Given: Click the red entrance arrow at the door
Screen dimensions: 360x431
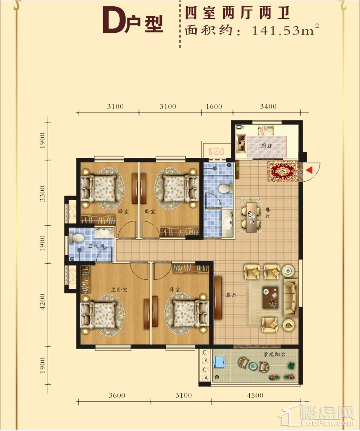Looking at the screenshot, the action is pyautogui.click(x=309, y=170).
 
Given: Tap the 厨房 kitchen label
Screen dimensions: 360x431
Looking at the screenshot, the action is pyautogui.click(x=266, y=146).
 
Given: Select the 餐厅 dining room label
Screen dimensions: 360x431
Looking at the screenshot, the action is pyautogui.click(x=268, y=213).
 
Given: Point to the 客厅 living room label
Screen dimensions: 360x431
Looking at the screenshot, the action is pyautogui.click(x=231, y=295).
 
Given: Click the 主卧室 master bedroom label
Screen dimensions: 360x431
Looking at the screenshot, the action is pyautogui.click(x=119, y=289).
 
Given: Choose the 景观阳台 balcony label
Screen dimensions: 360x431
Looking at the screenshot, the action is pyautogui.click(x=274, y=355).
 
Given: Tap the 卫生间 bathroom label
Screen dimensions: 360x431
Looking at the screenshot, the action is pyautogui.click(x=96, y=246).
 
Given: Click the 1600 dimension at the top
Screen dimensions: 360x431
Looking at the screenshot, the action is pyautogui.click(x=214, y=106).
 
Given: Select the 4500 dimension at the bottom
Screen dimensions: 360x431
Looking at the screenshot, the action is pyautogui.click(x=255, y=395).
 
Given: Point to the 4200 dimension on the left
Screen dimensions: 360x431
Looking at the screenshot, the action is pyautogui.click(x=42, y=301).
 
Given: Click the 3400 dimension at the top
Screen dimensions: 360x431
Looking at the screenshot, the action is pyautogui.click(x=268, y=106).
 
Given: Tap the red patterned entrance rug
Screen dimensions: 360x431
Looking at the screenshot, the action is pyautogui.click(x=283, y=171).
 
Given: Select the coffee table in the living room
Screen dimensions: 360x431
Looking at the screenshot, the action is pyautogui.click(x=270, y=297).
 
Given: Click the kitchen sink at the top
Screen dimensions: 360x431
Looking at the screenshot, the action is pyautogui.click(x=265, y=130).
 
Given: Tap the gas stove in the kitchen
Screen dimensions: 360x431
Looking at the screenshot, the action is pyautogui.click(x=242, y=143).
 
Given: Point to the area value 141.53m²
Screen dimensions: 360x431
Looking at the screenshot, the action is pyautogui.click(x=285, y=30).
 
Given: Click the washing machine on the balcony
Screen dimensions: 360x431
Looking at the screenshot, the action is pyautogui.click(x=219, y=362).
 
